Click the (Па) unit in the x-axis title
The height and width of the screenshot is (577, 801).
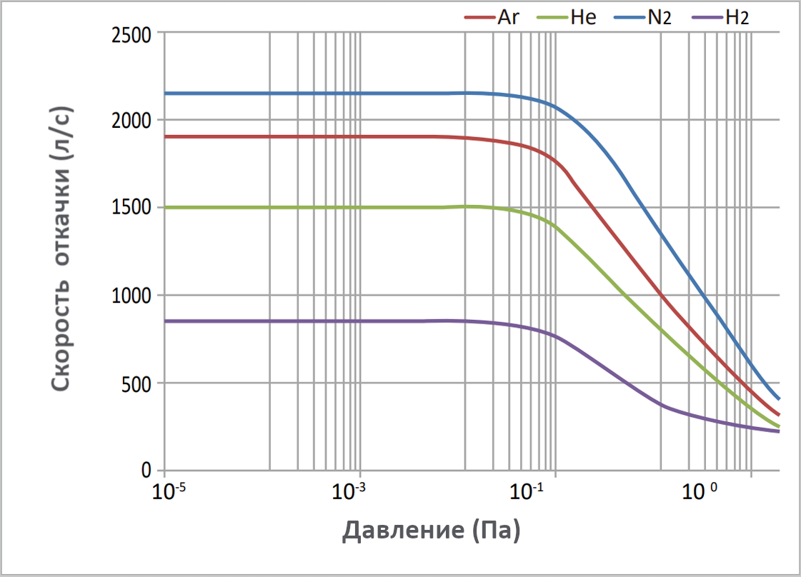(494, 531)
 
